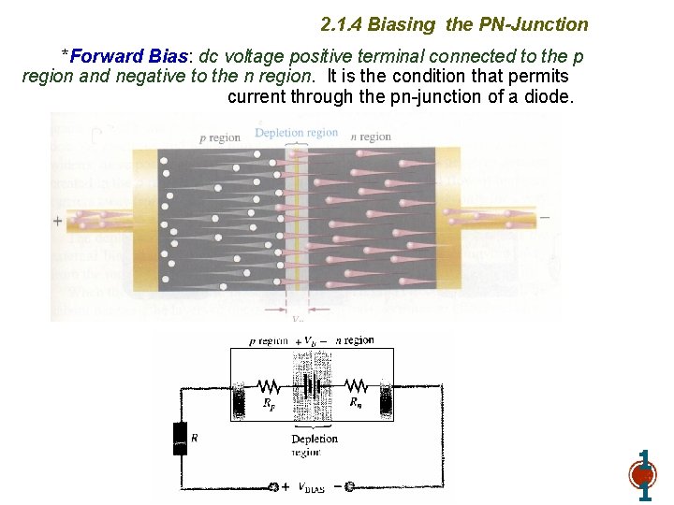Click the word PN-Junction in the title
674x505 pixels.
533,24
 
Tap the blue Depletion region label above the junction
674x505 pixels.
297,133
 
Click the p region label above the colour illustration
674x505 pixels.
220,137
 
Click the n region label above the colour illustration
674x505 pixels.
371,137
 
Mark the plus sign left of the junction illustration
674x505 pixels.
58,222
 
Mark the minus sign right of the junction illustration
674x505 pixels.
545,218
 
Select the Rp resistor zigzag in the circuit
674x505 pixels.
270,385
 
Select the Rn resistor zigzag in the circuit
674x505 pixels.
356,385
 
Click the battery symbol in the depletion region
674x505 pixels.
313,385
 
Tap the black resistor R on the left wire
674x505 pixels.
181,438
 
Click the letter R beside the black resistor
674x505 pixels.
195,438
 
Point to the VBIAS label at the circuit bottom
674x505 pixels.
311,488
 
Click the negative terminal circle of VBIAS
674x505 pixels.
348,486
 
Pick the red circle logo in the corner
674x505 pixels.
643,474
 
